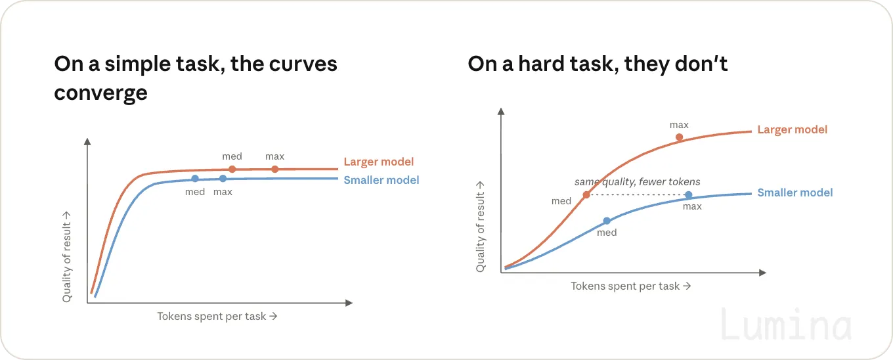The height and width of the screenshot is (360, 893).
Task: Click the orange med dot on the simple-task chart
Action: click(232, 169)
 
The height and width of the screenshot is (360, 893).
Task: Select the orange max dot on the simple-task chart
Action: click(274, 169)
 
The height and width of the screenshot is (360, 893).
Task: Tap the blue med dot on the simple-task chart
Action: click(195, 179)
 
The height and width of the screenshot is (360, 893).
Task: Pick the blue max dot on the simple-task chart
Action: click(223, 179)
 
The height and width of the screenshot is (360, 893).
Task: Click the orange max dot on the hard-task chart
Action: click(680, 137)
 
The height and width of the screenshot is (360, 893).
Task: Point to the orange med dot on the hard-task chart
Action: click(586, 195)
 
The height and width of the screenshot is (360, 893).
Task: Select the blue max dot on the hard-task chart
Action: click(689, 195)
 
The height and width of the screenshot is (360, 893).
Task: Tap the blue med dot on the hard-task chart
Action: click(607, 221)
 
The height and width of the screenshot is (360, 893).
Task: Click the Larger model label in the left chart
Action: click(379, 162)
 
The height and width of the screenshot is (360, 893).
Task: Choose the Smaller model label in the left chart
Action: click(381, 180)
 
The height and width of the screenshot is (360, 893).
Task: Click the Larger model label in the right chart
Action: click(792, 129)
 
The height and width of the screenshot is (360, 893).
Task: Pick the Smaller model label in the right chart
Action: click(795, 192)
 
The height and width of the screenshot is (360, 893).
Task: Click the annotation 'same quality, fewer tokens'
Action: click(637, 182)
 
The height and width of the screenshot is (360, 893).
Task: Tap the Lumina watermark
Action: click(786, 325)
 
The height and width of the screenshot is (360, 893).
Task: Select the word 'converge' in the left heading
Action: click(101, 93)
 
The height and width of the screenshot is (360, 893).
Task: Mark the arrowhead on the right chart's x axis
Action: click(762, 273)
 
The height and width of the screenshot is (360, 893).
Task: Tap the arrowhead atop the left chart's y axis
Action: click(88, 141)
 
